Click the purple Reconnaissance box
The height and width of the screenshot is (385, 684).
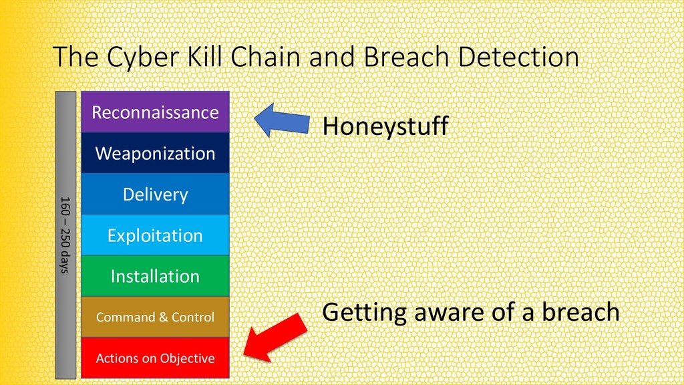[155, 112]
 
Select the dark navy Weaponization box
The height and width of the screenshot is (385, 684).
[155, 153]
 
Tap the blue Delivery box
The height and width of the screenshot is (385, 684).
[155, 195]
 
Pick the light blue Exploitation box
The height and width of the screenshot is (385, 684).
[155, 235]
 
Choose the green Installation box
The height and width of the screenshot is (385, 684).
[155, 276]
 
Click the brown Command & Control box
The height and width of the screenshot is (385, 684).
[155, 317]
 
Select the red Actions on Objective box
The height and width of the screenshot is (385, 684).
[155, 358]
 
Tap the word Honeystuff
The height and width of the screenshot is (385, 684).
[385, 126]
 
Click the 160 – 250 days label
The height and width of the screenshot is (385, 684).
[65, 235]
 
